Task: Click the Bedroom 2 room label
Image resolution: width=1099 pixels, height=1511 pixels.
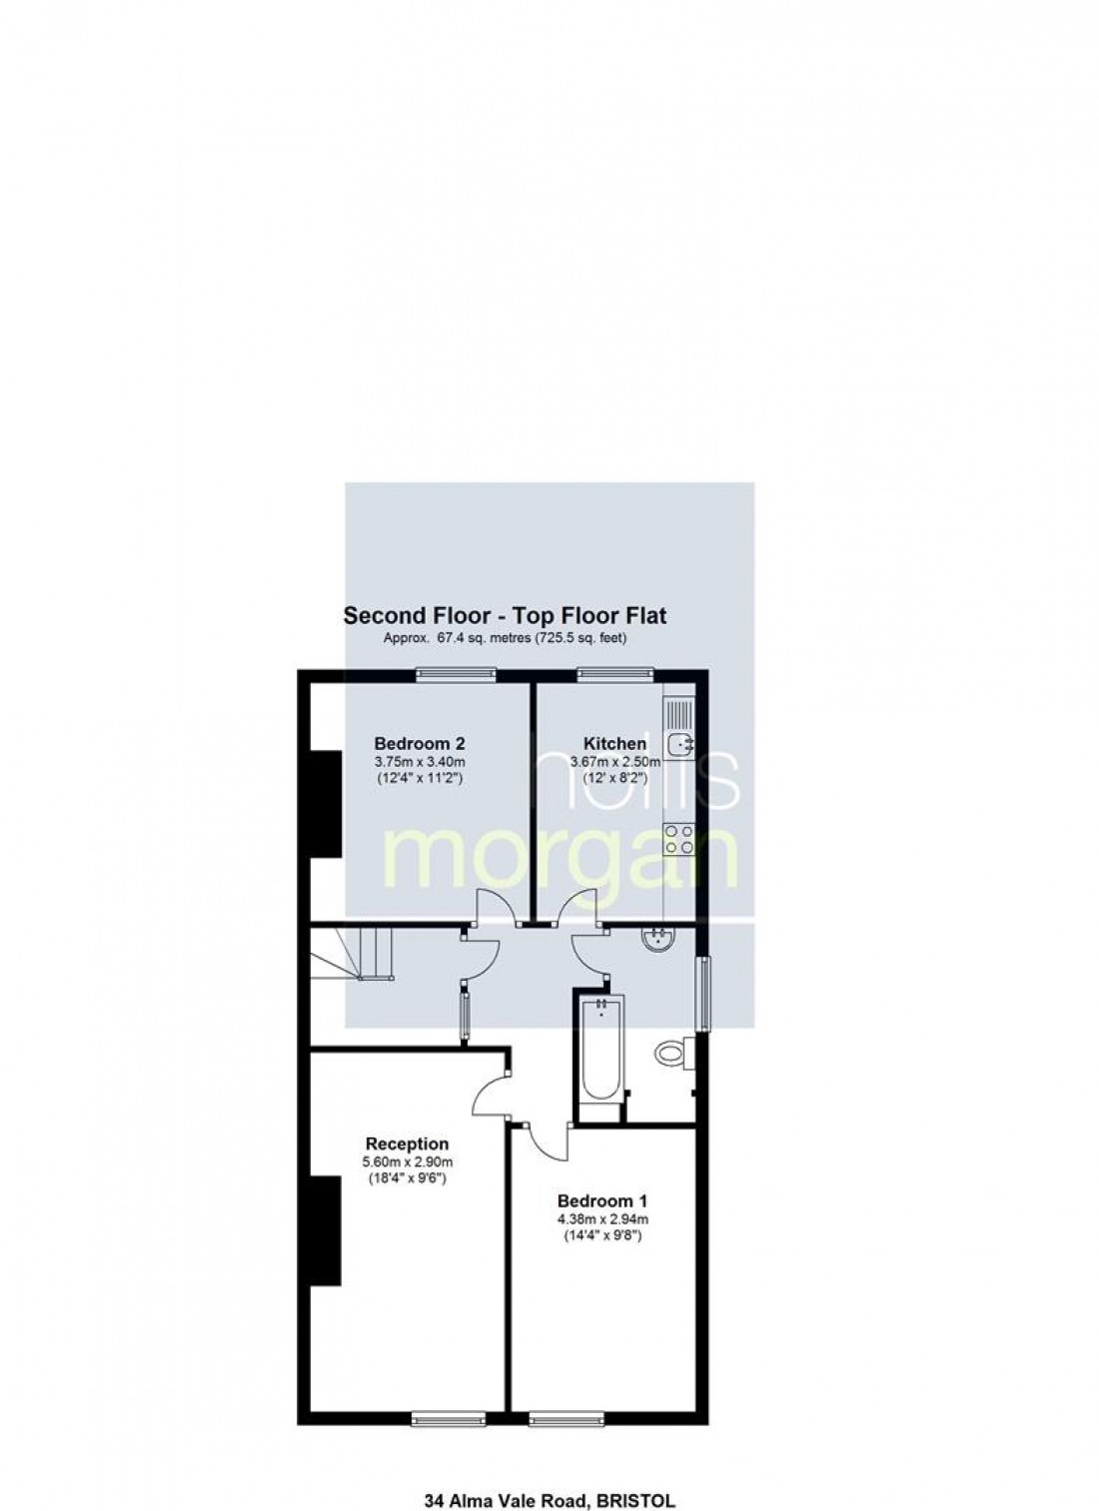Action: pyautogui.click(x=420, y=743)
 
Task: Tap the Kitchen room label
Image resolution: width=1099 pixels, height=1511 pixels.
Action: pyautogui.click(x=614, y=743)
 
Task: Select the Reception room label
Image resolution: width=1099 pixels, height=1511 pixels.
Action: pyautogui.click(x=407, y=1143)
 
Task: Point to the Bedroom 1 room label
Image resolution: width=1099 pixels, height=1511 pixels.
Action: pyautogui.click(x=595, y=1200)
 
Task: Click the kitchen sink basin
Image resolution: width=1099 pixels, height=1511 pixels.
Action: pyautogui.click(x=681, y=744)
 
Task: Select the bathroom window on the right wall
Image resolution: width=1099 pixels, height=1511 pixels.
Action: pyautogui.click(x=703, y=993)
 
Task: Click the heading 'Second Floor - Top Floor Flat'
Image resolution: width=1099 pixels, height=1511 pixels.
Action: pyautogui.click(x=505, y=615)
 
